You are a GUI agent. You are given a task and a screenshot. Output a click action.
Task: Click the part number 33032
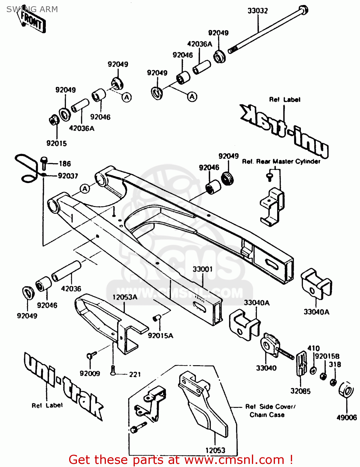[258, 11]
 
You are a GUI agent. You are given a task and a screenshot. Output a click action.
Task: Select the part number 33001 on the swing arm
[202, 269]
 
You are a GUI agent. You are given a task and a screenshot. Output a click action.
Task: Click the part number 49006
[346, 417]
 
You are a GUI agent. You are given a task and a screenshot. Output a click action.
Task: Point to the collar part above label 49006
[346, 390]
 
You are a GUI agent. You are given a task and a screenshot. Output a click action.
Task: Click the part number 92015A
[160, 335]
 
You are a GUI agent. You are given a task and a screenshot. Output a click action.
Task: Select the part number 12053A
[125, 297]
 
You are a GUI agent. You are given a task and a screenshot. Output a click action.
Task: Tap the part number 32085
[300, 391]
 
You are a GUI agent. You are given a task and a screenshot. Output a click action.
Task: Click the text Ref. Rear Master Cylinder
[281, 161]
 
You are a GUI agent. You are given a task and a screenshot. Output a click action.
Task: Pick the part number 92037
[68, 176]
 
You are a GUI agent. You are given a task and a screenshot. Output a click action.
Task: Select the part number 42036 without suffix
[71, 289]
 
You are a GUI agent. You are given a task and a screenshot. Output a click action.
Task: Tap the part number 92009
[90, 373]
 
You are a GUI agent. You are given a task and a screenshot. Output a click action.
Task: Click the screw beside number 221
[113, 370]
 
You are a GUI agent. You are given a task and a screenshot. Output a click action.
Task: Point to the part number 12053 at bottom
[215, 450]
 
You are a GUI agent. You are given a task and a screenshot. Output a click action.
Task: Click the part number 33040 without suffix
[266, 368]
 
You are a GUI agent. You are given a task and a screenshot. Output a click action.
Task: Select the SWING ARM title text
[32, 9]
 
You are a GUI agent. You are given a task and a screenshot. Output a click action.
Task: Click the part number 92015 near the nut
[57, 143]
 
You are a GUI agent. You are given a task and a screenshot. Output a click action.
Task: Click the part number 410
[313, 348]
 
